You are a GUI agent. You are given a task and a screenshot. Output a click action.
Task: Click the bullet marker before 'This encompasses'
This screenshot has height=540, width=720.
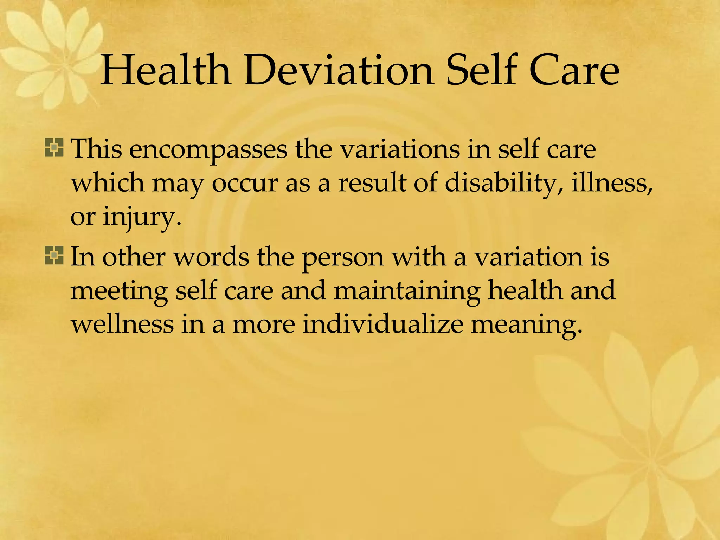click(x=54, y=148)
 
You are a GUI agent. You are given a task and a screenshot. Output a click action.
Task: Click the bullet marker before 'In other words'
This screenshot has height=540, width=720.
click(x=54, y=255)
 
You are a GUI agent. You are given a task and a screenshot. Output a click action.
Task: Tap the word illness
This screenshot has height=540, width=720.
click(x=612, y=183)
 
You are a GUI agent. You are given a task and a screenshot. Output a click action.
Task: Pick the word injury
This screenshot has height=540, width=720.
click(x=142, y=217)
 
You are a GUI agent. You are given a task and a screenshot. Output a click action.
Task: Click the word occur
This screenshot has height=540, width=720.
click(x=245, y=184)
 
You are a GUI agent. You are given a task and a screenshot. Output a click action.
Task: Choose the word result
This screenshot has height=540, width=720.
click(x=372, y=183)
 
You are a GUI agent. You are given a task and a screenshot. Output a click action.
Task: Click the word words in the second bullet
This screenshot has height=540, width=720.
click(x=212, y=257)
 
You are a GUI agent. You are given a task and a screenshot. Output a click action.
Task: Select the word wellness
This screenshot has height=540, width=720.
click(x=122, y=324)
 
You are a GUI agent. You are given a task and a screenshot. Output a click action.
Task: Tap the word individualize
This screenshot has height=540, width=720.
click(x=383, y=323)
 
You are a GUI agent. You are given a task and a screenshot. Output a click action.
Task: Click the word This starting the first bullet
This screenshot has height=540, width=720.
click(x=97, y=149)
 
